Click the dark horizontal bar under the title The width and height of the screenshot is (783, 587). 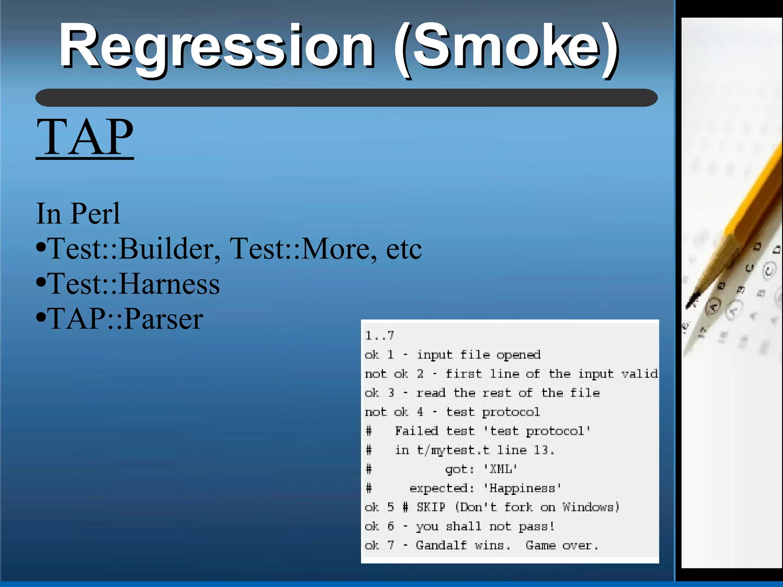346,98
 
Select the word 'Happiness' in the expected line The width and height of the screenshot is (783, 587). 522,488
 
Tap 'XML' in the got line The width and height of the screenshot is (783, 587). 501,469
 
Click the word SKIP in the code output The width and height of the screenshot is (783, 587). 431,507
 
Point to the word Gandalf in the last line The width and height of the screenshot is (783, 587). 441,545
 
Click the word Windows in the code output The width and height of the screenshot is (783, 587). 590,507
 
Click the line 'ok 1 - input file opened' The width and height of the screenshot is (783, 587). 452,355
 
